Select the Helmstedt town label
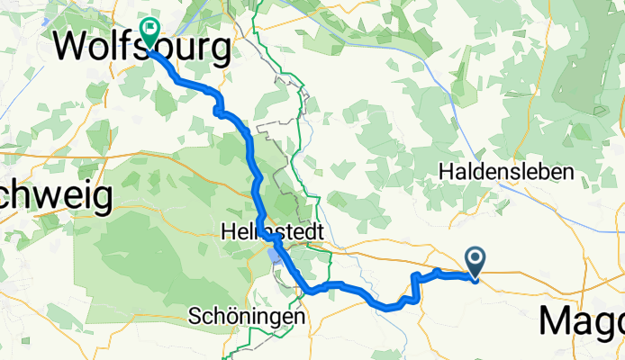[271, 231]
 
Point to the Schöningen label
[247, 317]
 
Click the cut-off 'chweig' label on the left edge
[54, 195]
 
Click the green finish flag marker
[148, 32]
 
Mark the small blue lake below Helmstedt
[273, 261]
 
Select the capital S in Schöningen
[195, 317]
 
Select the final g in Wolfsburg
[237, 49]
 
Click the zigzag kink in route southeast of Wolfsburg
[218, 108]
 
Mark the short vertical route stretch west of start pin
[414, 288]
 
